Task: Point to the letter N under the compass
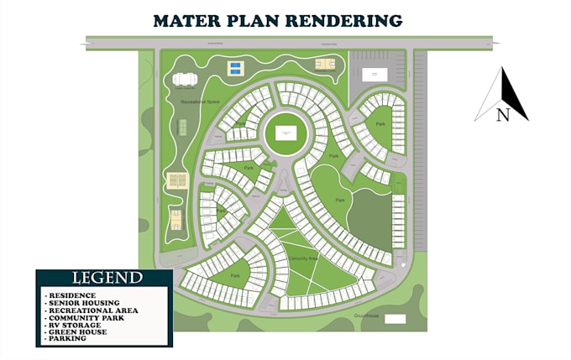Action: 502,116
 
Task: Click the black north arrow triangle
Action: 514,94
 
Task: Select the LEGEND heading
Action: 107,278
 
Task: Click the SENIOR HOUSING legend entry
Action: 83,303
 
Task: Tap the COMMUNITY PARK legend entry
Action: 85,318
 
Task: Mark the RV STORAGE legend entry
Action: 75,325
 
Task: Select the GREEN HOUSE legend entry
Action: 78,332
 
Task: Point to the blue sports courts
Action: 237,68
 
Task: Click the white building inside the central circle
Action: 285,133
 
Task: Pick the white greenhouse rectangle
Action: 395,319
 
